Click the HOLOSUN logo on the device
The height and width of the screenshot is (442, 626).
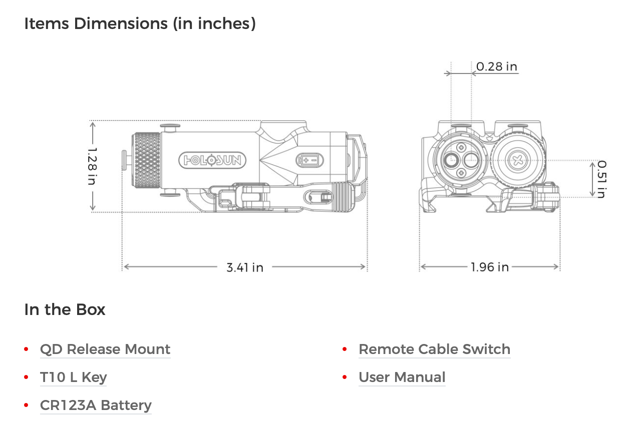[x=212, y=160]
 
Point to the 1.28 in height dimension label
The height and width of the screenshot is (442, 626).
[x=92, y=166]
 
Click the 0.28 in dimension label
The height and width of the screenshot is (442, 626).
[x=496, y=66]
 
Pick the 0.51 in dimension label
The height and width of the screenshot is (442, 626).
[x=602, y=179]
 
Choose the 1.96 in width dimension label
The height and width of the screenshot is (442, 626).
[x=489, y=267]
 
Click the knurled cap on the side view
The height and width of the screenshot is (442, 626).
[x=146, y=160]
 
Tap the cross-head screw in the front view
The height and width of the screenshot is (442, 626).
[x=517, y=160]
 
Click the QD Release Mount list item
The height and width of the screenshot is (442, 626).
[x=105, y=349]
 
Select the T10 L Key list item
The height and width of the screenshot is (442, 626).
[x=74, y=377]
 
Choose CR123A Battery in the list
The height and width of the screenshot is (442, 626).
[x=96, y=405]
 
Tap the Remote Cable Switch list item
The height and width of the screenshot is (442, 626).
[x=435, y=349]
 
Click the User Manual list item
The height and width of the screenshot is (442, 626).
[x=402, y=377]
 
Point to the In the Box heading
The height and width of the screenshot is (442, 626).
[x=65, y=309]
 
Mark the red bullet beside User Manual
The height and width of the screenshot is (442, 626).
[x=345, y=377]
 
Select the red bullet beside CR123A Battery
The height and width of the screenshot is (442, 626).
[x=26, y=405]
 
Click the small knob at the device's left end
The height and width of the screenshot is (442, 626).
[x=125, y=160]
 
